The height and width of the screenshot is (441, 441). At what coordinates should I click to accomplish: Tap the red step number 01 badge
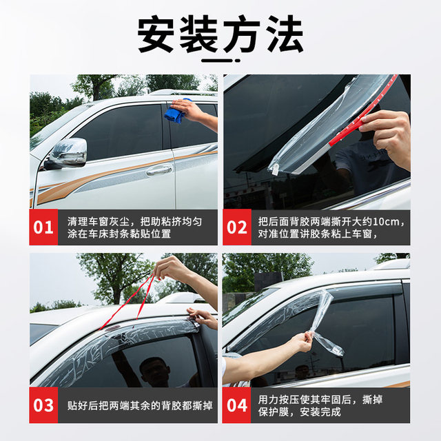click(x=43, y=227)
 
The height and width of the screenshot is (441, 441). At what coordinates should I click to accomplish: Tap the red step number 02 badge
click(x=237, y=227)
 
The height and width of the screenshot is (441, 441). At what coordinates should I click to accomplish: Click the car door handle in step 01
click(x=159, y=170)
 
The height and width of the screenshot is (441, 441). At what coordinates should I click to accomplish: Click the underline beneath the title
click(x=220, y=57)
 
